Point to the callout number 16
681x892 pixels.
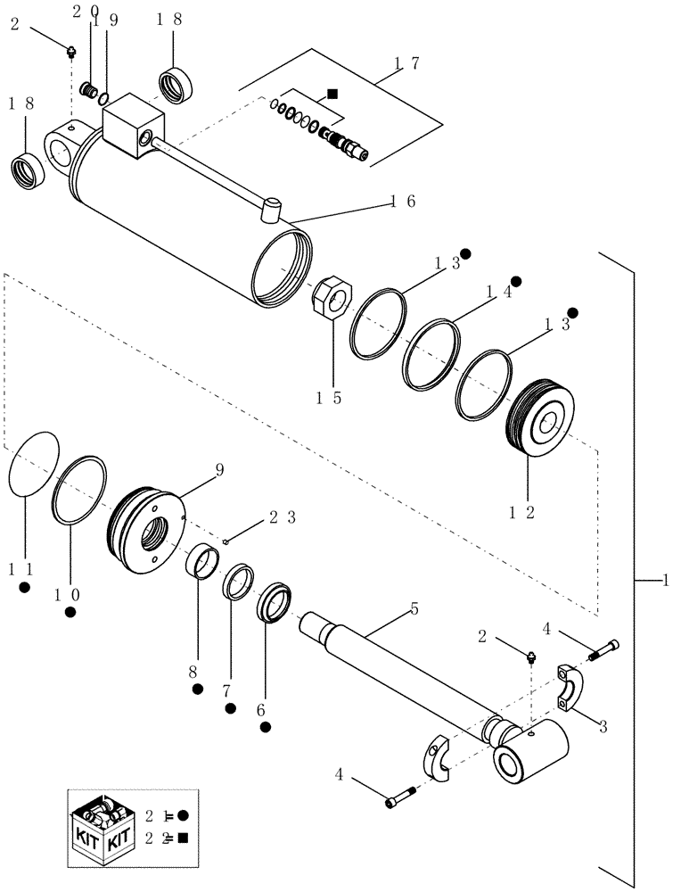click(399, 202)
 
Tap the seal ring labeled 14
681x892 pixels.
click(431, 353)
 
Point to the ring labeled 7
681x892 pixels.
click(238, 582)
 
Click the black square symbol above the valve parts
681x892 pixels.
click(332, 93)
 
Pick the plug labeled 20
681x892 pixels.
click(88, 90)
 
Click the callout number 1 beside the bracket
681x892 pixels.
click(666, 581)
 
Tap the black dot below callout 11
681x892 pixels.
click(25, 587)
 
